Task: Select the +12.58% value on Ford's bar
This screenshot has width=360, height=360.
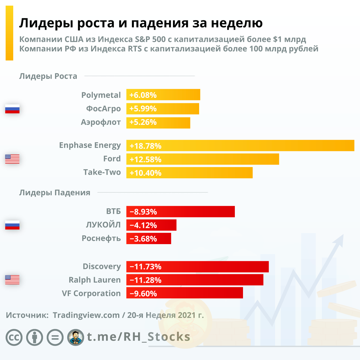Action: point(145,159)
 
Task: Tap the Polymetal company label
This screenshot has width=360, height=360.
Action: point(101,95)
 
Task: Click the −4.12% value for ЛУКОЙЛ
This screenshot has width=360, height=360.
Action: point(143,225)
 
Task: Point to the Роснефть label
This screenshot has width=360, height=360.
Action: point(101,238)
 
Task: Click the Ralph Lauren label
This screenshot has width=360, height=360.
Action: point(95,280)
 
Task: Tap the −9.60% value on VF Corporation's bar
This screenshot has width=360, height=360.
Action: point(143,294)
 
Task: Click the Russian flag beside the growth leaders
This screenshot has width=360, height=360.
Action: point(12,109)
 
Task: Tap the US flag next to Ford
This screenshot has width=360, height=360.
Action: point(12,159)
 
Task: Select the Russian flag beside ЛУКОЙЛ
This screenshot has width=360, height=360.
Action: point(12,225)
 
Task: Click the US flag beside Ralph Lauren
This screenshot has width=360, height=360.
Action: point(12,280)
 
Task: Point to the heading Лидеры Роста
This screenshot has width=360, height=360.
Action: point(48,76)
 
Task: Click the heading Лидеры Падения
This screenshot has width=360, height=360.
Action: point(55,193)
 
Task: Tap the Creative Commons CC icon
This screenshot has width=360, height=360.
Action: point(14,337)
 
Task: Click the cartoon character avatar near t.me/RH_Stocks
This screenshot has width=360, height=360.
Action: point(76,337)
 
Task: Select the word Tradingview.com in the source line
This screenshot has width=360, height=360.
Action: point(86,315)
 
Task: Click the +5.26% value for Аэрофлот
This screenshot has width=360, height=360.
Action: point(143,122)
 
